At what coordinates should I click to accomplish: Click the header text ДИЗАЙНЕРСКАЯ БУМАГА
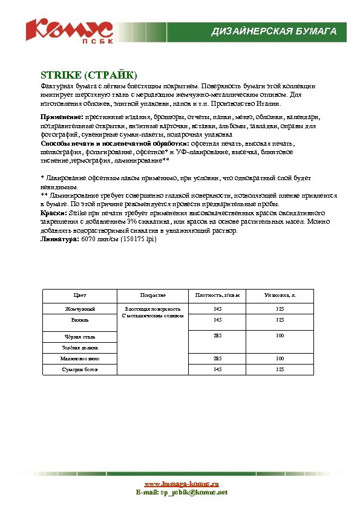[273, 31]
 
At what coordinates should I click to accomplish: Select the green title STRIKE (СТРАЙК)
[89, 76]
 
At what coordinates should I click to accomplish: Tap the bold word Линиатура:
[59, 239]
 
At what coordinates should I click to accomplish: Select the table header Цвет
[79, 295]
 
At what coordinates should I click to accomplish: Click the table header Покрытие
[152, 295]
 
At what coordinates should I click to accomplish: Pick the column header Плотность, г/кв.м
[218, 295]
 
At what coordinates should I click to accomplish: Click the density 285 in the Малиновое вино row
[217, 358]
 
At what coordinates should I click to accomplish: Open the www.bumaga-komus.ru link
[181, 484]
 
